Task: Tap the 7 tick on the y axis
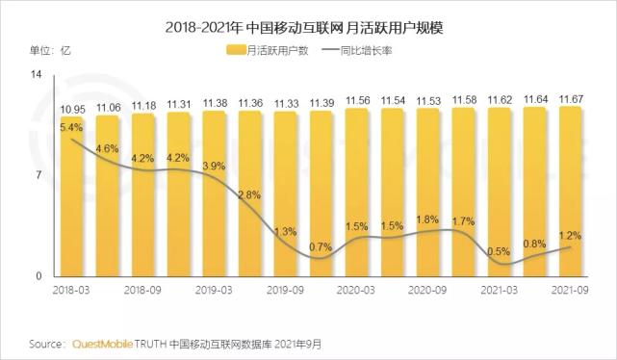coord(39,175)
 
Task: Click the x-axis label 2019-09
coord(287,288)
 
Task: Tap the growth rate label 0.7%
coord(321,248)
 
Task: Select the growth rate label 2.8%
coord(249,195)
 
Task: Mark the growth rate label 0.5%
coord(499,252)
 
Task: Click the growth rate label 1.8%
coord(427,219)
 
